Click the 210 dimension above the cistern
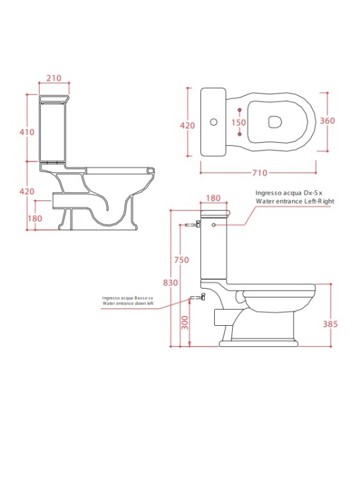coord(54,78)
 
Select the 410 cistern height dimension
coord(27,132)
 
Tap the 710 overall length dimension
coord(260,173)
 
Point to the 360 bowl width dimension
coord(327,120)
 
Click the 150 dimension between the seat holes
coord(239,122)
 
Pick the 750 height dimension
coord(182,260)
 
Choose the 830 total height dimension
coord(170,282)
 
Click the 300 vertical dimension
coord(185,323)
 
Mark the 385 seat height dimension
coord(331,324)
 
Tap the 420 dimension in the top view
coord(187,125)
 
